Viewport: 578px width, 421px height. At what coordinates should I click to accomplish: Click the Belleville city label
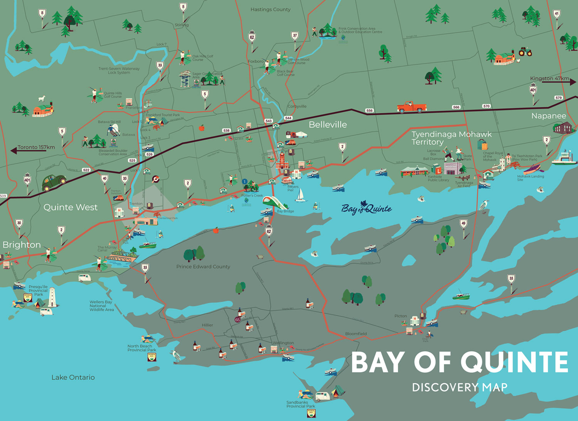tap(328, 124)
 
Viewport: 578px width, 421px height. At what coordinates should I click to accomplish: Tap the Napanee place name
tap(548, 116)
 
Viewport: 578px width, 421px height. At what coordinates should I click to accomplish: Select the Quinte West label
tap(71, 207)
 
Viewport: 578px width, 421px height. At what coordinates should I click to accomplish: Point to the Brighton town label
tap(22, 245)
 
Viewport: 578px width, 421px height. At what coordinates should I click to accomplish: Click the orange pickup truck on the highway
tap(411, 107)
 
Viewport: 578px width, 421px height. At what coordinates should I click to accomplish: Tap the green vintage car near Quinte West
tap(54, 182)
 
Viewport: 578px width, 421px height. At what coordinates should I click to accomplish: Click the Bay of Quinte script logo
tap(366, 208)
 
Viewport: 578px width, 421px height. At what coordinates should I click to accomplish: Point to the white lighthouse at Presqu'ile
tap(52, 297)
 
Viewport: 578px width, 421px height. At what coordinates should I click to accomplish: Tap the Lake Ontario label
tap(73, 377)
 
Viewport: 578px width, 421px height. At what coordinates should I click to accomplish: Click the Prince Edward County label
tap(203, 267)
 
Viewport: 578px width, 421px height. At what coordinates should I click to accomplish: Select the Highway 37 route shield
tap(295, 36)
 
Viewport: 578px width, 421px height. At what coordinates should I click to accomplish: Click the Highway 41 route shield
tap(556, 14)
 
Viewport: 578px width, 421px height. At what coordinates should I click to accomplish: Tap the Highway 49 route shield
tap(464, 223)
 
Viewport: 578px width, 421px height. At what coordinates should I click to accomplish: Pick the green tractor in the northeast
tap(525, 52)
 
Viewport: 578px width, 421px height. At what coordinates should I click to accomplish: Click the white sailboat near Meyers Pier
tap(300, 195)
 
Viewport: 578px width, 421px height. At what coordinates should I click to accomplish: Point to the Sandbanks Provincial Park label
tap(301, 404)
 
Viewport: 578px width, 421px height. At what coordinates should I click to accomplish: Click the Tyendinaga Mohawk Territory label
tap(451, 138)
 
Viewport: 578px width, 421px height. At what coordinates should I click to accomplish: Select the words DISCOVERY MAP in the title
tap(459, 387)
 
